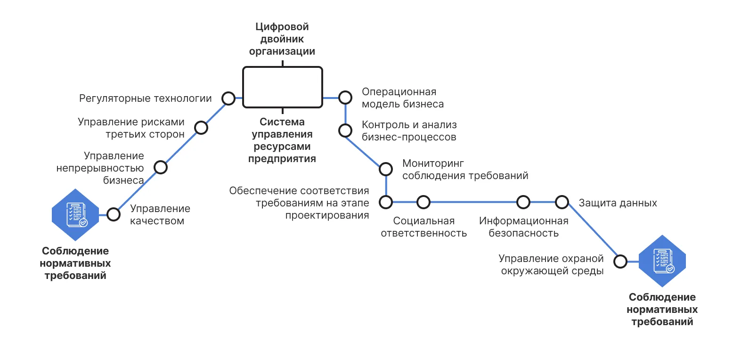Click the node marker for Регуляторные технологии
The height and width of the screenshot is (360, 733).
point(228,98)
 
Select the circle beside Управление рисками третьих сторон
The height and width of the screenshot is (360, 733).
point(201,127)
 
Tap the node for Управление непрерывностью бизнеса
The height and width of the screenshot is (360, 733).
point(161,167)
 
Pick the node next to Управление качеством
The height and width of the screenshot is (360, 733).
point(113,214)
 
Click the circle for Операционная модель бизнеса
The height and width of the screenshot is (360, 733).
point(345,98)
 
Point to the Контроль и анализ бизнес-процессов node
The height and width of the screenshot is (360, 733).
point(345,131)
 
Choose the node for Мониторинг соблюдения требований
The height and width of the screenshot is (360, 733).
point(386,169)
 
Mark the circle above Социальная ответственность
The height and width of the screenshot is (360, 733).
point(424,202)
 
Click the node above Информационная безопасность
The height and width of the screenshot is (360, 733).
point(523,202)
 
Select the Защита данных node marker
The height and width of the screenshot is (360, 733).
point(562,202)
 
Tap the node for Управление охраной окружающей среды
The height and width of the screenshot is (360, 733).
point(620,261)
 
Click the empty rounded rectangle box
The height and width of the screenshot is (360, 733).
point(283,87)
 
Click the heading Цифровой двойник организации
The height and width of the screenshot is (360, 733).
point(282,39)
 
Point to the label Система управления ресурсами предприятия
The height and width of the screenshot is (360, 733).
point(282,140)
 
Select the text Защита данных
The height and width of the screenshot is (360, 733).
point(618,203)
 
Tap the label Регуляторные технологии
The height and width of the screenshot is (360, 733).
point(146,98)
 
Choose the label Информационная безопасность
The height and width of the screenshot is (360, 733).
point(523,227)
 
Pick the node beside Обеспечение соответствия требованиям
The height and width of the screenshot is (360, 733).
point(386,202)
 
